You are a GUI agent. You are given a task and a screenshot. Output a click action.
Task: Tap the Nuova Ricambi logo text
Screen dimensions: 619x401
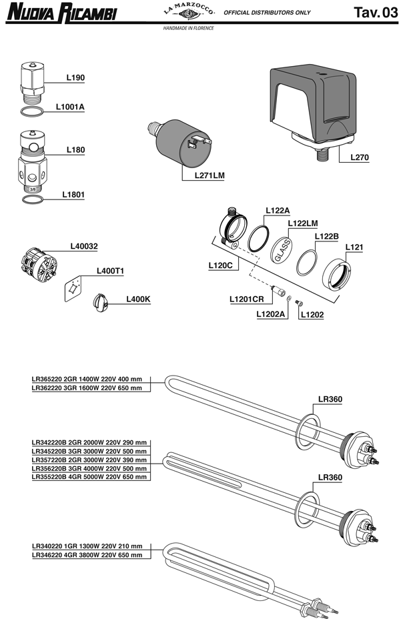pos(61,13)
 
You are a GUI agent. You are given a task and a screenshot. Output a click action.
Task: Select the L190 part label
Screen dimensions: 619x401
pos(75,78)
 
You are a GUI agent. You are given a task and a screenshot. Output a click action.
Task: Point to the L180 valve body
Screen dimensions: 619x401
pos(31,165)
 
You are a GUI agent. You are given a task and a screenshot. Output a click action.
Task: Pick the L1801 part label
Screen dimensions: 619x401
pos(73,195)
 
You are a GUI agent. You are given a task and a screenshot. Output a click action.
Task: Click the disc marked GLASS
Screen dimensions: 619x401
pos(282,253)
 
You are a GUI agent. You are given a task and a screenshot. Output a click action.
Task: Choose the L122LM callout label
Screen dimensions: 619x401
pos(304,224)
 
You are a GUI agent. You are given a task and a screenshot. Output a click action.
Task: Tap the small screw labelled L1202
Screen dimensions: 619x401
pos(299,304)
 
